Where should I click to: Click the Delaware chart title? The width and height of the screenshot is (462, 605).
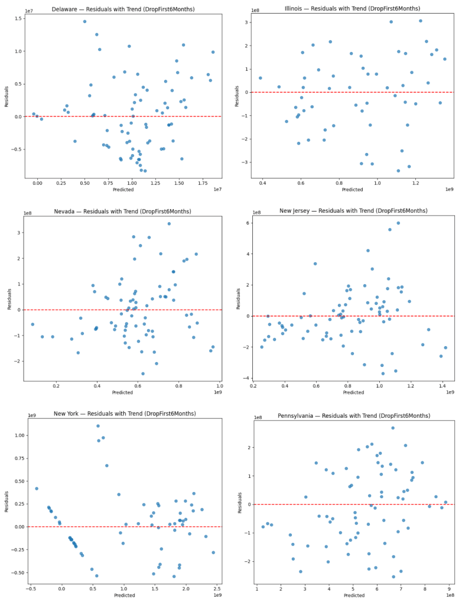point(123,9)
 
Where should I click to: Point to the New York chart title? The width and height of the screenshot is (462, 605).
point(123,413)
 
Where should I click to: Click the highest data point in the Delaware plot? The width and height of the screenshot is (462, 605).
point(84,21)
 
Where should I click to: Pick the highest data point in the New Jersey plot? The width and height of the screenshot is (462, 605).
point(398,223)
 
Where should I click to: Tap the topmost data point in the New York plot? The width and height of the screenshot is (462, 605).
point(98,426)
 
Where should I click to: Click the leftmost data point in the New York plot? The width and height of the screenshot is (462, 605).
point(37,489)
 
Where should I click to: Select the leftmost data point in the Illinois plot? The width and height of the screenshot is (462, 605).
point(260,78)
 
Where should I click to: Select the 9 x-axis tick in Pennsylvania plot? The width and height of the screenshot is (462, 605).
point(449,588)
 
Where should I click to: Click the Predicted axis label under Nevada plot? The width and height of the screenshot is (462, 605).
point(123,393)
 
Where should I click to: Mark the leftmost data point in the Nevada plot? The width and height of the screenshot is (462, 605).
point(32,324)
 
